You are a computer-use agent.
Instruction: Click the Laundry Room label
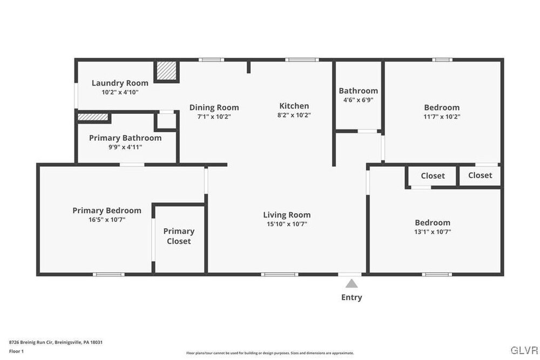[120, 83]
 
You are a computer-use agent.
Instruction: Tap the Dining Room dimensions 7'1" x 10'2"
[214, 117]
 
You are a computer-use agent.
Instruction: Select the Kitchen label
[294, 106]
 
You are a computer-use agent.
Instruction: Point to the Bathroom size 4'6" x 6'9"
[358, 100]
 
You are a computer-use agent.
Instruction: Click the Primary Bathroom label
[125, 138]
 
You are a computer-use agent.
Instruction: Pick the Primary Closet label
[179, 236]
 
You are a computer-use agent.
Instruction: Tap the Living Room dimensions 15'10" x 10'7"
[287, 224]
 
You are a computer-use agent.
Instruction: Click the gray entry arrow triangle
[352, 283]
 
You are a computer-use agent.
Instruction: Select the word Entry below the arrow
[352, 297]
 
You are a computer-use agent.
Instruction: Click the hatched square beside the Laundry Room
[167, 71]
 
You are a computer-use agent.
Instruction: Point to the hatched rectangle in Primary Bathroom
[93, 117]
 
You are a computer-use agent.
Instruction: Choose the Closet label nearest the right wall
[480, 175]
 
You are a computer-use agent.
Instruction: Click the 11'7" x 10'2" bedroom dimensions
[442, 117]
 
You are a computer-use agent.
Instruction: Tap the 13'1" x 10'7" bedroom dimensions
[433, 232]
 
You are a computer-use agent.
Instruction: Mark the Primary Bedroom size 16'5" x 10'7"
[107, 220]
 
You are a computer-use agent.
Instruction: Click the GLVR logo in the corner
[524, 350]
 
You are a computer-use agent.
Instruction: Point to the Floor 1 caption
[16, 351]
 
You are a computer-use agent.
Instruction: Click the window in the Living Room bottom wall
[280, 274]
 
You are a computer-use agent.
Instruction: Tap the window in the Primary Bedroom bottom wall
[109, 274]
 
